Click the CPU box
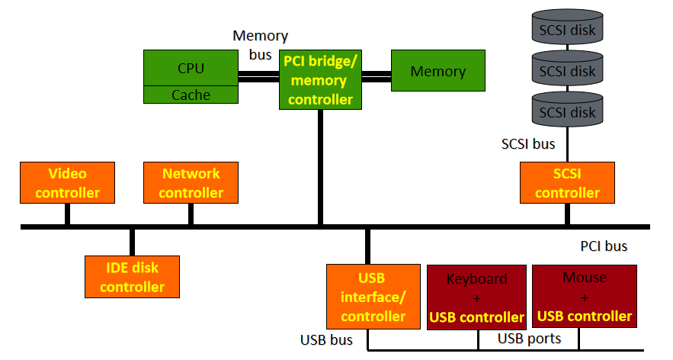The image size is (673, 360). click(x=191, y=68)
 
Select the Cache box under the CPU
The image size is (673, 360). click(x=191, y=95)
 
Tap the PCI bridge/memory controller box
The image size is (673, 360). click(x=320, y=80)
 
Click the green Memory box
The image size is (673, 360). click(x=437, y=70)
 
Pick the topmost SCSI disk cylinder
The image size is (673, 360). click(x=567, y=27)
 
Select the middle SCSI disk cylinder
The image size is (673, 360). click(x=567, y=69)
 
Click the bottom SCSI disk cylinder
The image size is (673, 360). click(x=567, y=111)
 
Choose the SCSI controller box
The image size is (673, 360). click(x=567, y=182)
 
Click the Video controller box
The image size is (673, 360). click(x=67, y=182)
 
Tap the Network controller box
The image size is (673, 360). click(x=191, y=182)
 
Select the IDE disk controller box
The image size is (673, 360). click(x=132, y=277)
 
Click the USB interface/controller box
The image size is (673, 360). click(x=373, y=297)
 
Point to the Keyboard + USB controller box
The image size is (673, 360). click(x=476, y=297)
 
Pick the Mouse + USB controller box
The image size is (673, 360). click(x=585, y=297)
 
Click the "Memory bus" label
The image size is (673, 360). click(x=260, y=45)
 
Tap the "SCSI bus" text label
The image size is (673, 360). click(x=528, y=144)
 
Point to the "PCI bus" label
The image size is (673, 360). click(x=604, y=246)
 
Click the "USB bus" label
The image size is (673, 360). click(x=326, y=340)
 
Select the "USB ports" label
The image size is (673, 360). click(x=529, y=339)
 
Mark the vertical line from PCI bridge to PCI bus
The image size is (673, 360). click(x=320, y=167)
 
